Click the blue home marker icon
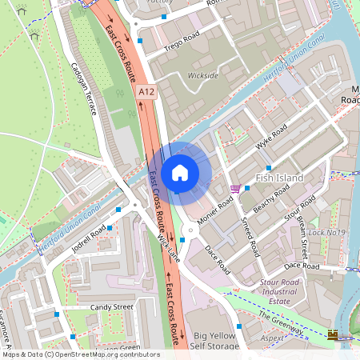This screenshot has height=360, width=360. pyautogui.click(x=180, y=172)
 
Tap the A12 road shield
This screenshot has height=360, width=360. pyautogui.click(x=145, y=92)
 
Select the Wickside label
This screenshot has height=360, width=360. pyautogui.click(x=202, y=76)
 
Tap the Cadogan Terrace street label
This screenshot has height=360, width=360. pyautogui.click(x=82, y=88)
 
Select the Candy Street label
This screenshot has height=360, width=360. pyautogui.click(x=111, y=306)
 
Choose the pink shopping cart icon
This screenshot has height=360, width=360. pyautogui.click(x=234, y=189)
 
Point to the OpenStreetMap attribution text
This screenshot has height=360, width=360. pyautogui.click(x=80, y=354)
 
